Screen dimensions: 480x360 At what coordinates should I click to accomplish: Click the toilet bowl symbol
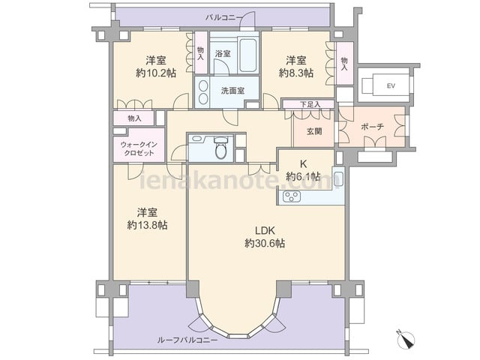[220, 148]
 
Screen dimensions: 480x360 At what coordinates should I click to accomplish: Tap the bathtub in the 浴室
[247, 55]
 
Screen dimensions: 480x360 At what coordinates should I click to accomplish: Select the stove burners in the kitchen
[292, 196]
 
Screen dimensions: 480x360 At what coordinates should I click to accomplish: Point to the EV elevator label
[391, 86]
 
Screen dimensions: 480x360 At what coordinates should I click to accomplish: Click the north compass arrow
[406, 340]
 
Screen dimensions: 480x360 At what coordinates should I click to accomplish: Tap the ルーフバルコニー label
[187, 340]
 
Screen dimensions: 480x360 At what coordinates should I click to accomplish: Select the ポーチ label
[372, 127]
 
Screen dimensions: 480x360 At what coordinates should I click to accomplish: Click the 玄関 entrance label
[314, 131]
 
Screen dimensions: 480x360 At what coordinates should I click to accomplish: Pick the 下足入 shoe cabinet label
[310, 104]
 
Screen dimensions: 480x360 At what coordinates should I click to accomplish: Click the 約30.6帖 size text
[265, 243]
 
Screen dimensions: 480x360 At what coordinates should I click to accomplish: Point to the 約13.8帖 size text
[147, 225]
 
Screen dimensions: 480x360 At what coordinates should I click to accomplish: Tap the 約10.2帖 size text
[156, 73]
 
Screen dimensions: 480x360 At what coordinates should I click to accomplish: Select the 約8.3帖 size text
[296, 73]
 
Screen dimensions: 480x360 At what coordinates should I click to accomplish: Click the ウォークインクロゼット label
[139, 148]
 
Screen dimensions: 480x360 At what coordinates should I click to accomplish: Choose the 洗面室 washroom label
[232, 91]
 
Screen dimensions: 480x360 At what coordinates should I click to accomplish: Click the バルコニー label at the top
[223, 17]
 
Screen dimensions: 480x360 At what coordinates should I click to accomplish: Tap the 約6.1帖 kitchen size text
[303, 177]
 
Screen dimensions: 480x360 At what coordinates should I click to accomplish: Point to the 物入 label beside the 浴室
[200, 53]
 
